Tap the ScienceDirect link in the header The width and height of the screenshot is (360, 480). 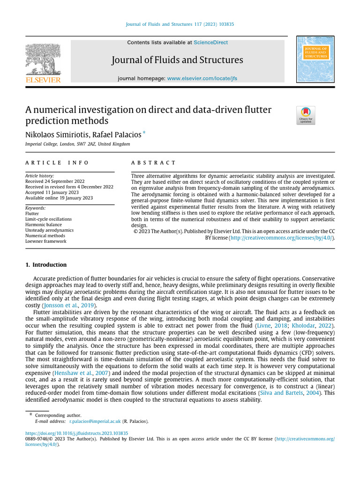click(x=210, y=43)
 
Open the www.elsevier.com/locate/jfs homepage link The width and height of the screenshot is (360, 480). click(x=202, y=78)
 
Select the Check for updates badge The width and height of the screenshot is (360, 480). click(x=306, y=115)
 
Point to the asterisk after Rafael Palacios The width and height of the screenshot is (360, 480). click(x=144, y=134)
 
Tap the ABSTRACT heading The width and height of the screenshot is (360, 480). click(x=153, y=163)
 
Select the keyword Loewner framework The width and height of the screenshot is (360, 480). click(x=45, y=241)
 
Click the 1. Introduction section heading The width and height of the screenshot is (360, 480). click(x=46, y=265)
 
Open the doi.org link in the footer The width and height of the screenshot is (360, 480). click(x=76, y=434)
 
